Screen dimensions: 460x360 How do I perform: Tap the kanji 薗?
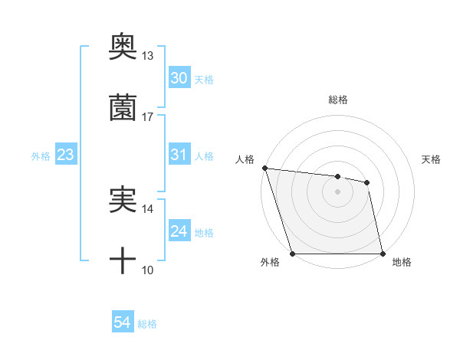coord(123,107)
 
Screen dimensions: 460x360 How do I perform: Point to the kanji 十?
coord(123,262)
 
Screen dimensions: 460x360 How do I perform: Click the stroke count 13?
coord(148,56)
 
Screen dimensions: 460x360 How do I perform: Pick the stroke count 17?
coord(148,117)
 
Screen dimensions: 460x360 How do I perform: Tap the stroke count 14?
coord(148,208)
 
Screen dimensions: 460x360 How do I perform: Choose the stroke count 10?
coord(148,270)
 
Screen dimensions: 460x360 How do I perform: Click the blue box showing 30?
coord(179,78)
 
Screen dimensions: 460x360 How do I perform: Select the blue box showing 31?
coord(179,155)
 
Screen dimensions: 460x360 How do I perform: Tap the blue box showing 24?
coord(179,231)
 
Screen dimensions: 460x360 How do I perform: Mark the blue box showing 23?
coord(66,155)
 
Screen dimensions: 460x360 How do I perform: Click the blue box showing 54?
coord(123,323)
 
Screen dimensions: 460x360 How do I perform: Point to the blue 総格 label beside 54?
coord(147,324)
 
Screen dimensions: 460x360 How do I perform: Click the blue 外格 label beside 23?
coord(41,155)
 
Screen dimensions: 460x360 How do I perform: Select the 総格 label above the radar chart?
coord(338,100)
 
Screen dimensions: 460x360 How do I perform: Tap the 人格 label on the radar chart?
coord(245,159)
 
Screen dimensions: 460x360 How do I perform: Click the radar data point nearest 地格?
coord(383,254)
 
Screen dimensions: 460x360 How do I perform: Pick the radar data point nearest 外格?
coord(292,254)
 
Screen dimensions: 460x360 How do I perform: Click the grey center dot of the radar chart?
coord(337,191)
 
